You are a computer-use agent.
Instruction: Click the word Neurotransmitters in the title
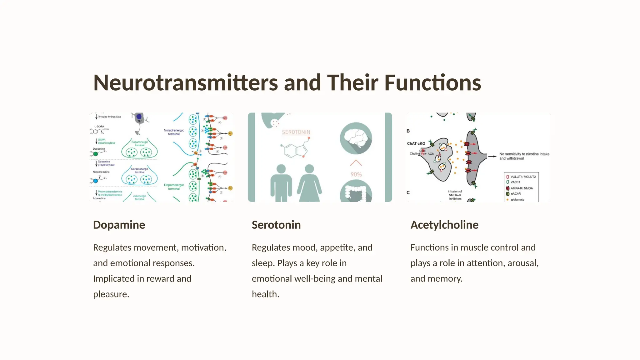pos(185,83)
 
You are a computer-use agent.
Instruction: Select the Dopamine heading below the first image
pos(119,225)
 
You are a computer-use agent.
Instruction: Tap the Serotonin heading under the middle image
pos(276,225)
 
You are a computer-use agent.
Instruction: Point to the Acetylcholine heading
pos(444,225)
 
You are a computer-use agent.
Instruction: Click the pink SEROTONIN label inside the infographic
pos(296,132)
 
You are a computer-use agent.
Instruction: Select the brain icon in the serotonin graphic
pos(356,138)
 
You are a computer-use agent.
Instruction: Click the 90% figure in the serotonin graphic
pos(356,174)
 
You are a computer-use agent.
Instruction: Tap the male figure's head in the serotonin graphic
pos(281,169)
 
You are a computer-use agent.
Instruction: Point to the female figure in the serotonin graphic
pos(309,184)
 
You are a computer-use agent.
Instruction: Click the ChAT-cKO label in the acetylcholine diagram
pos(416,143)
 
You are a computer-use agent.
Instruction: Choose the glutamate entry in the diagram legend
pos(517,199)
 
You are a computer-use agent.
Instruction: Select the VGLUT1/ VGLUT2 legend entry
pos(523,177)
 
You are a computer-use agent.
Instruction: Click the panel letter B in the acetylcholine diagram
pos(408,131)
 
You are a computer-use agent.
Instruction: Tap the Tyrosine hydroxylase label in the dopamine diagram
pos(109,117)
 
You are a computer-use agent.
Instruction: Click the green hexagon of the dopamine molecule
pos(96,154)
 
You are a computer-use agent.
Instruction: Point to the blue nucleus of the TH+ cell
pos(139,117)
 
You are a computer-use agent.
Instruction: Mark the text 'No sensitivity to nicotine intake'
pos(524,154)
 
